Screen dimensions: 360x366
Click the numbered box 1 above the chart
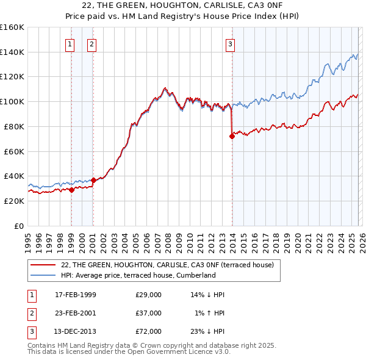(70, 44)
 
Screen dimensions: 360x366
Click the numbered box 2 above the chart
(91, 44)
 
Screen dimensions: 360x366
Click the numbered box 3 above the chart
(231, 44)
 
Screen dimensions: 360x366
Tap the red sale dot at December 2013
(232, 136)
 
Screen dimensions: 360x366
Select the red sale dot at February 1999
(71, 190)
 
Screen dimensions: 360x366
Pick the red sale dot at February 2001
(93, 180)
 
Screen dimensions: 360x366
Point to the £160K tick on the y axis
(12, 27)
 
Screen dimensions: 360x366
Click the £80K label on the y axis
(13, 126)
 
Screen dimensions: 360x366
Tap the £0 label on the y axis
(18, 226)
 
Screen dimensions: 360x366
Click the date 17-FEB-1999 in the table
(76, 295)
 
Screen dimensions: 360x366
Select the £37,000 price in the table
(149, 313)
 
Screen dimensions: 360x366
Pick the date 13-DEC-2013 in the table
(76, 331)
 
